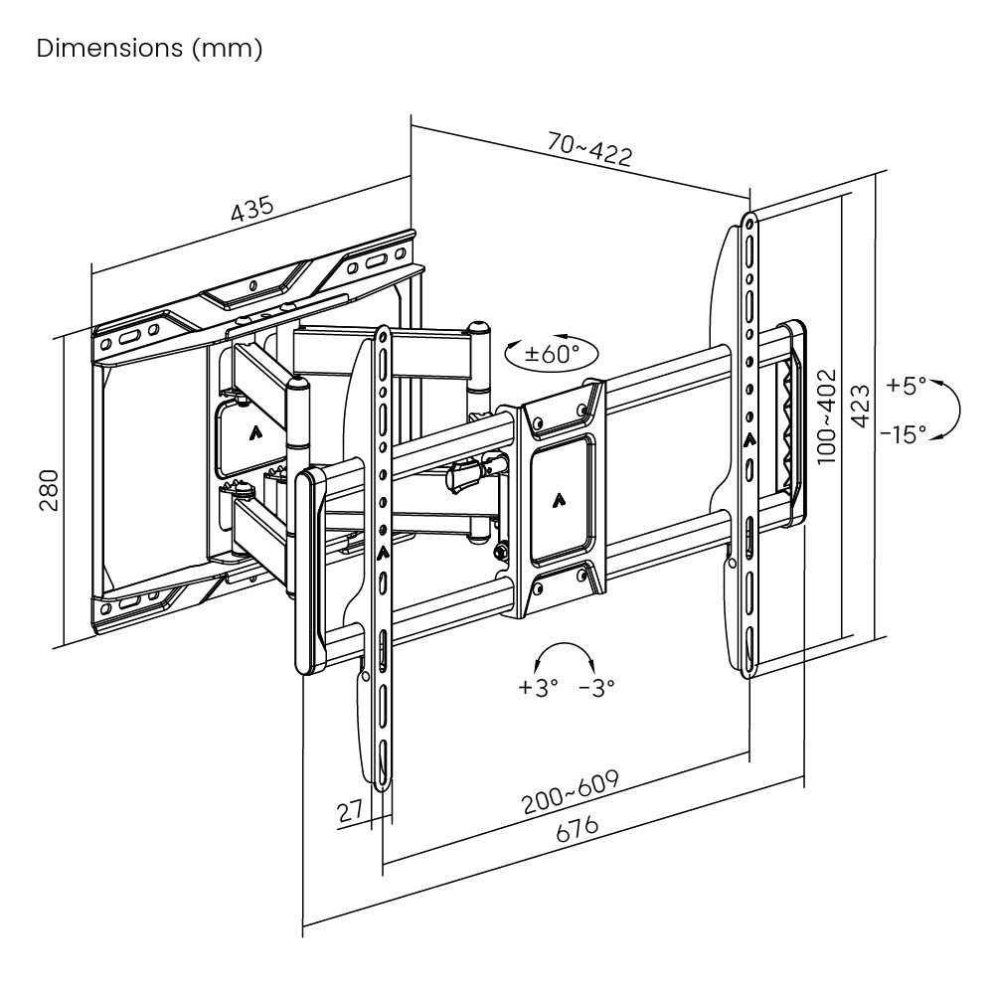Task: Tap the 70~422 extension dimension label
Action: click(589, 150)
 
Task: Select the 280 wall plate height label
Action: click(50, 489)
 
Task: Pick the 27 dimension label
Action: click(349, 810)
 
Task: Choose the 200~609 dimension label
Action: click(572, 791)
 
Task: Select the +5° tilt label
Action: click(906, 385)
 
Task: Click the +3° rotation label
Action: click(539, 687)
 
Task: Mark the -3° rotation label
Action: click(596, 687)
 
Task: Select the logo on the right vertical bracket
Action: click(748, 436)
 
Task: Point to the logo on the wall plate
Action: click(256, 431)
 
